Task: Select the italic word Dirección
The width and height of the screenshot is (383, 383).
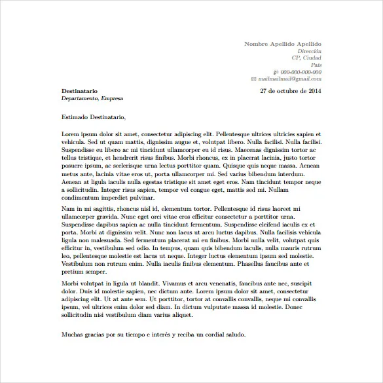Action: coord(309,50)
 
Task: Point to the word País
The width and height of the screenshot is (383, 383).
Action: coord(316,65)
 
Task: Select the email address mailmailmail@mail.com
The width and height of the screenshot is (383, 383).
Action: coord(289,79)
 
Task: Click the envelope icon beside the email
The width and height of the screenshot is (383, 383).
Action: coord(253,79)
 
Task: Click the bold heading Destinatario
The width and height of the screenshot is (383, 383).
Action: coord(79,90)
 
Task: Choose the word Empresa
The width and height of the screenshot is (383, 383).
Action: coord(111,98)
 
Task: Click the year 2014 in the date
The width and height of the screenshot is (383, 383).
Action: coord(314,90)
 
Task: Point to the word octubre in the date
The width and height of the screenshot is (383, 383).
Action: coord(285,90)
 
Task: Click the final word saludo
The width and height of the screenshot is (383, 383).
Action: coord(233,334)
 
